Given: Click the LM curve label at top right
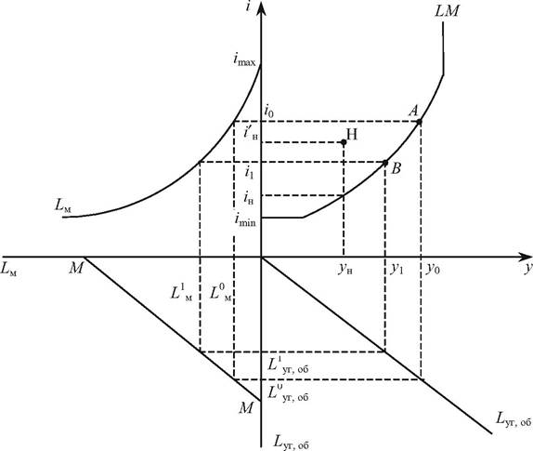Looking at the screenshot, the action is [447, 11].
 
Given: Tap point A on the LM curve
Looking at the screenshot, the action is [419, 122].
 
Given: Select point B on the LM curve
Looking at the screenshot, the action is [385, 163].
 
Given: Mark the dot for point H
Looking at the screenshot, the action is [344, 142].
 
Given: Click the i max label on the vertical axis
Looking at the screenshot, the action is [244, 60].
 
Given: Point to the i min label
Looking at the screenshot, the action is [245, 220].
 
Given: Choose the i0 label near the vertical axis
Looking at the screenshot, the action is [268, 112].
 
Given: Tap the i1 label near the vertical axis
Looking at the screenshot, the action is [249, 173].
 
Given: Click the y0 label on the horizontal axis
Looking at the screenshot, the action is [434, 269].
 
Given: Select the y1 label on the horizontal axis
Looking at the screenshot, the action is [396, 269].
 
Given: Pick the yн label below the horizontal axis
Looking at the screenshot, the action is [345, 270].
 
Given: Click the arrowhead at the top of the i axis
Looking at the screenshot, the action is [261, 8].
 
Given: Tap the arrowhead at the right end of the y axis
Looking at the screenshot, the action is [526, 257].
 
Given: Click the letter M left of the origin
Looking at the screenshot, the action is [76, 269].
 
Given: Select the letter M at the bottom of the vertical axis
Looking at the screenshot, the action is [246, 407].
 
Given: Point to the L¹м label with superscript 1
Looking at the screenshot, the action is [181, 292].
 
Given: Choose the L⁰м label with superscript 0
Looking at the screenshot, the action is [221, 292].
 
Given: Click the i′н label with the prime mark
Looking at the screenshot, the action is [251, 132].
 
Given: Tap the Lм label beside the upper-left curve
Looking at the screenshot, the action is [63, 206].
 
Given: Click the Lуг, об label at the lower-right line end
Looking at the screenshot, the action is [513, 418].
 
